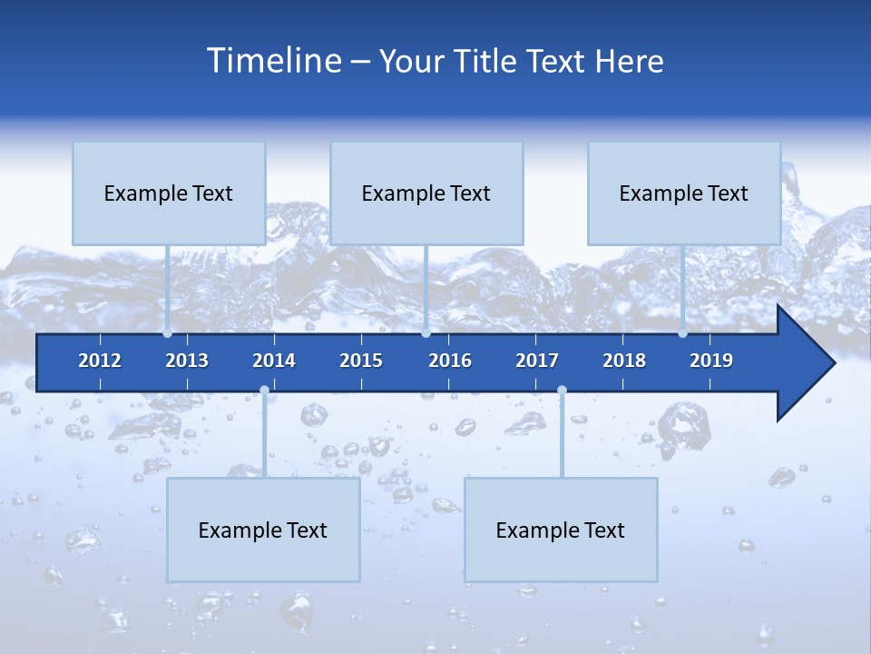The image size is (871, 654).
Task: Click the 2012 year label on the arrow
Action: click(x=100, y=361)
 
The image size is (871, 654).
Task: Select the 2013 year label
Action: click(x=187, y=361)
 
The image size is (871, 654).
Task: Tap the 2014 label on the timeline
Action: click(x=274, y=361)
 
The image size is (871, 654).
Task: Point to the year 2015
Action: click(x=361, y=361)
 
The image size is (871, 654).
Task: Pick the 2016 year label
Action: click(x=450, y=361)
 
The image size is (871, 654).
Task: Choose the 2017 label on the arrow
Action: click(x=537, y=361)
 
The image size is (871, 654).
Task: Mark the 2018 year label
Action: click(x=624, y=361)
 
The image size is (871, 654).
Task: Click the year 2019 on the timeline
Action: click(x=711, y=361)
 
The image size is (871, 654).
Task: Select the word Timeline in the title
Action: click(x=274, y=61)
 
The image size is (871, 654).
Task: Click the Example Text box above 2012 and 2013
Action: click(x=169, y=193)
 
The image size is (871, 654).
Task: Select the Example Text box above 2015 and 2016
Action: click(x=426, y=193)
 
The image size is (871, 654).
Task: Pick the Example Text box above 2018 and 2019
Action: click(x=684, y=193)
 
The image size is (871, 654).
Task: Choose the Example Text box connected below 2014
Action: click(x=263, y=530)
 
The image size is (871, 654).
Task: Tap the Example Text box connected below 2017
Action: click(x=561, y=530)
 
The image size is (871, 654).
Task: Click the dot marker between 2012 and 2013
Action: click(x=167, y=333)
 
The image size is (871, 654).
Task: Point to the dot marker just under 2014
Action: click(x=264, y=391)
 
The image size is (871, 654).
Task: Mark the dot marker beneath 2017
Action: click(x=562, y=391)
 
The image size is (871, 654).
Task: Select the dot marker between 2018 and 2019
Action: click(x=682, y=333)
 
